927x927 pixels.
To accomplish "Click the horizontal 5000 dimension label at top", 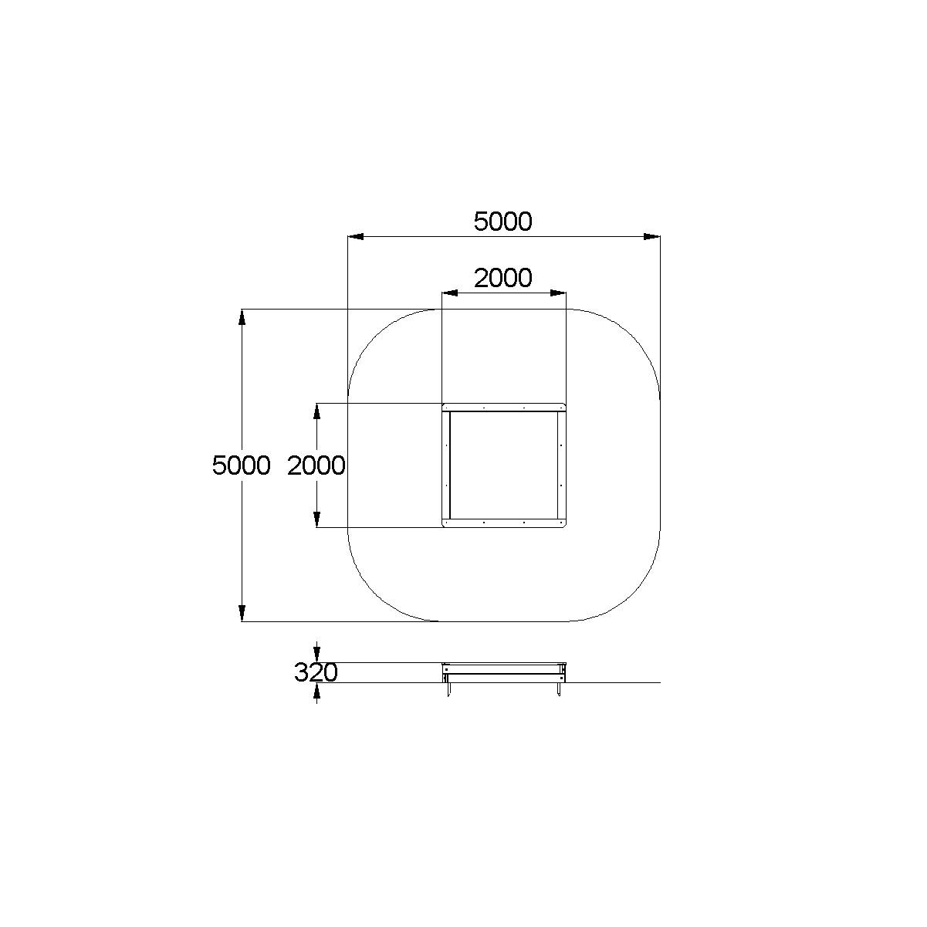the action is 502,222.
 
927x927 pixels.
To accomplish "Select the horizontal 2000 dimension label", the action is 502,278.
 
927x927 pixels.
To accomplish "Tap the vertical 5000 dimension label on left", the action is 241,465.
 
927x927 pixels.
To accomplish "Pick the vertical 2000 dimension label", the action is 316,465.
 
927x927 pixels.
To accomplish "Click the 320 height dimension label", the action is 316,672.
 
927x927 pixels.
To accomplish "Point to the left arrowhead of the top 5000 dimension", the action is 356,237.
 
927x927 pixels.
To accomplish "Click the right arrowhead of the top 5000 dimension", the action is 652,237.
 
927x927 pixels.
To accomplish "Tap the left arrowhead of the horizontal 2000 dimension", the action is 450,293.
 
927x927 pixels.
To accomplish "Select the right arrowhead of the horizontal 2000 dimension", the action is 558,293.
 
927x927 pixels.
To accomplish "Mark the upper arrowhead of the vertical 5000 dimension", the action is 242,317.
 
